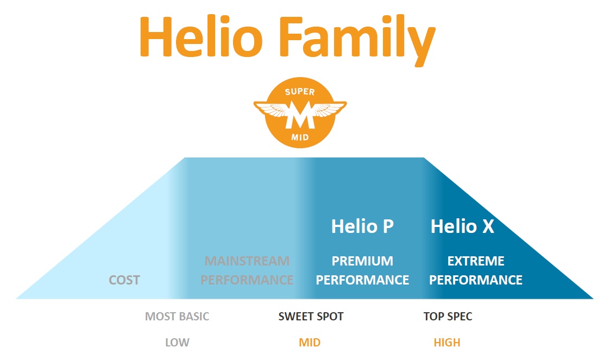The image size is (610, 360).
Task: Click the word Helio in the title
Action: [201, 37]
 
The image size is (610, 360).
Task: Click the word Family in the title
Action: [357, 41]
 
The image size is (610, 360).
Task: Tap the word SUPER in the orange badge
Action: [299, 92]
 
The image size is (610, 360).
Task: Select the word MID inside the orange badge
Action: [300, 137]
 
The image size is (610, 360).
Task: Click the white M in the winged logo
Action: [300, 115]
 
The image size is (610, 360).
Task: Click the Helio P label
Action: [362, 226]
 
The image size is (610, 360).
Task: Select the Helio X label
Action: [462, 226]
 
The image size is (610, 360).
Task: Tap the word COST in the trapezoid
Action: [124, 280]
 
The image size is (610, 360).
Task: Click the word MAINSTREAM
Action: [247, 261]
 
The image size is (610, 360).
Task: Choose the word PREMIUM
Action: [362, 261]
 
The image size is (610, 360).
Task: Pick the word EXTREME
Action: [476, 261]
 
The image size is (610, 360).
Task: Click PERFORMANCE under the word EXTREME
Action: [476, 280]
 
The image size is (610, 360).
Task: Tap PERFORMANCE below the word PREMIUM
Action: [362, 280]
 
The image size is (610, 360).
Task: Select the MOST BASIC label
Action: [177, 317]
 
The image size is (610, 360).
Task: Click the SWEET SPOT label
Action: [311, 317]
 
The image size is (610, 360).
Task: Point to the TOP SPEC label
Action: [448, 317]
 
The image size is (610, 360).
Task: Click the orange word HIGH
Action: [447, 343]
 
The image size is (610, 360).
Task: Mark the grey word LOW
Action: [178, 343]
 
